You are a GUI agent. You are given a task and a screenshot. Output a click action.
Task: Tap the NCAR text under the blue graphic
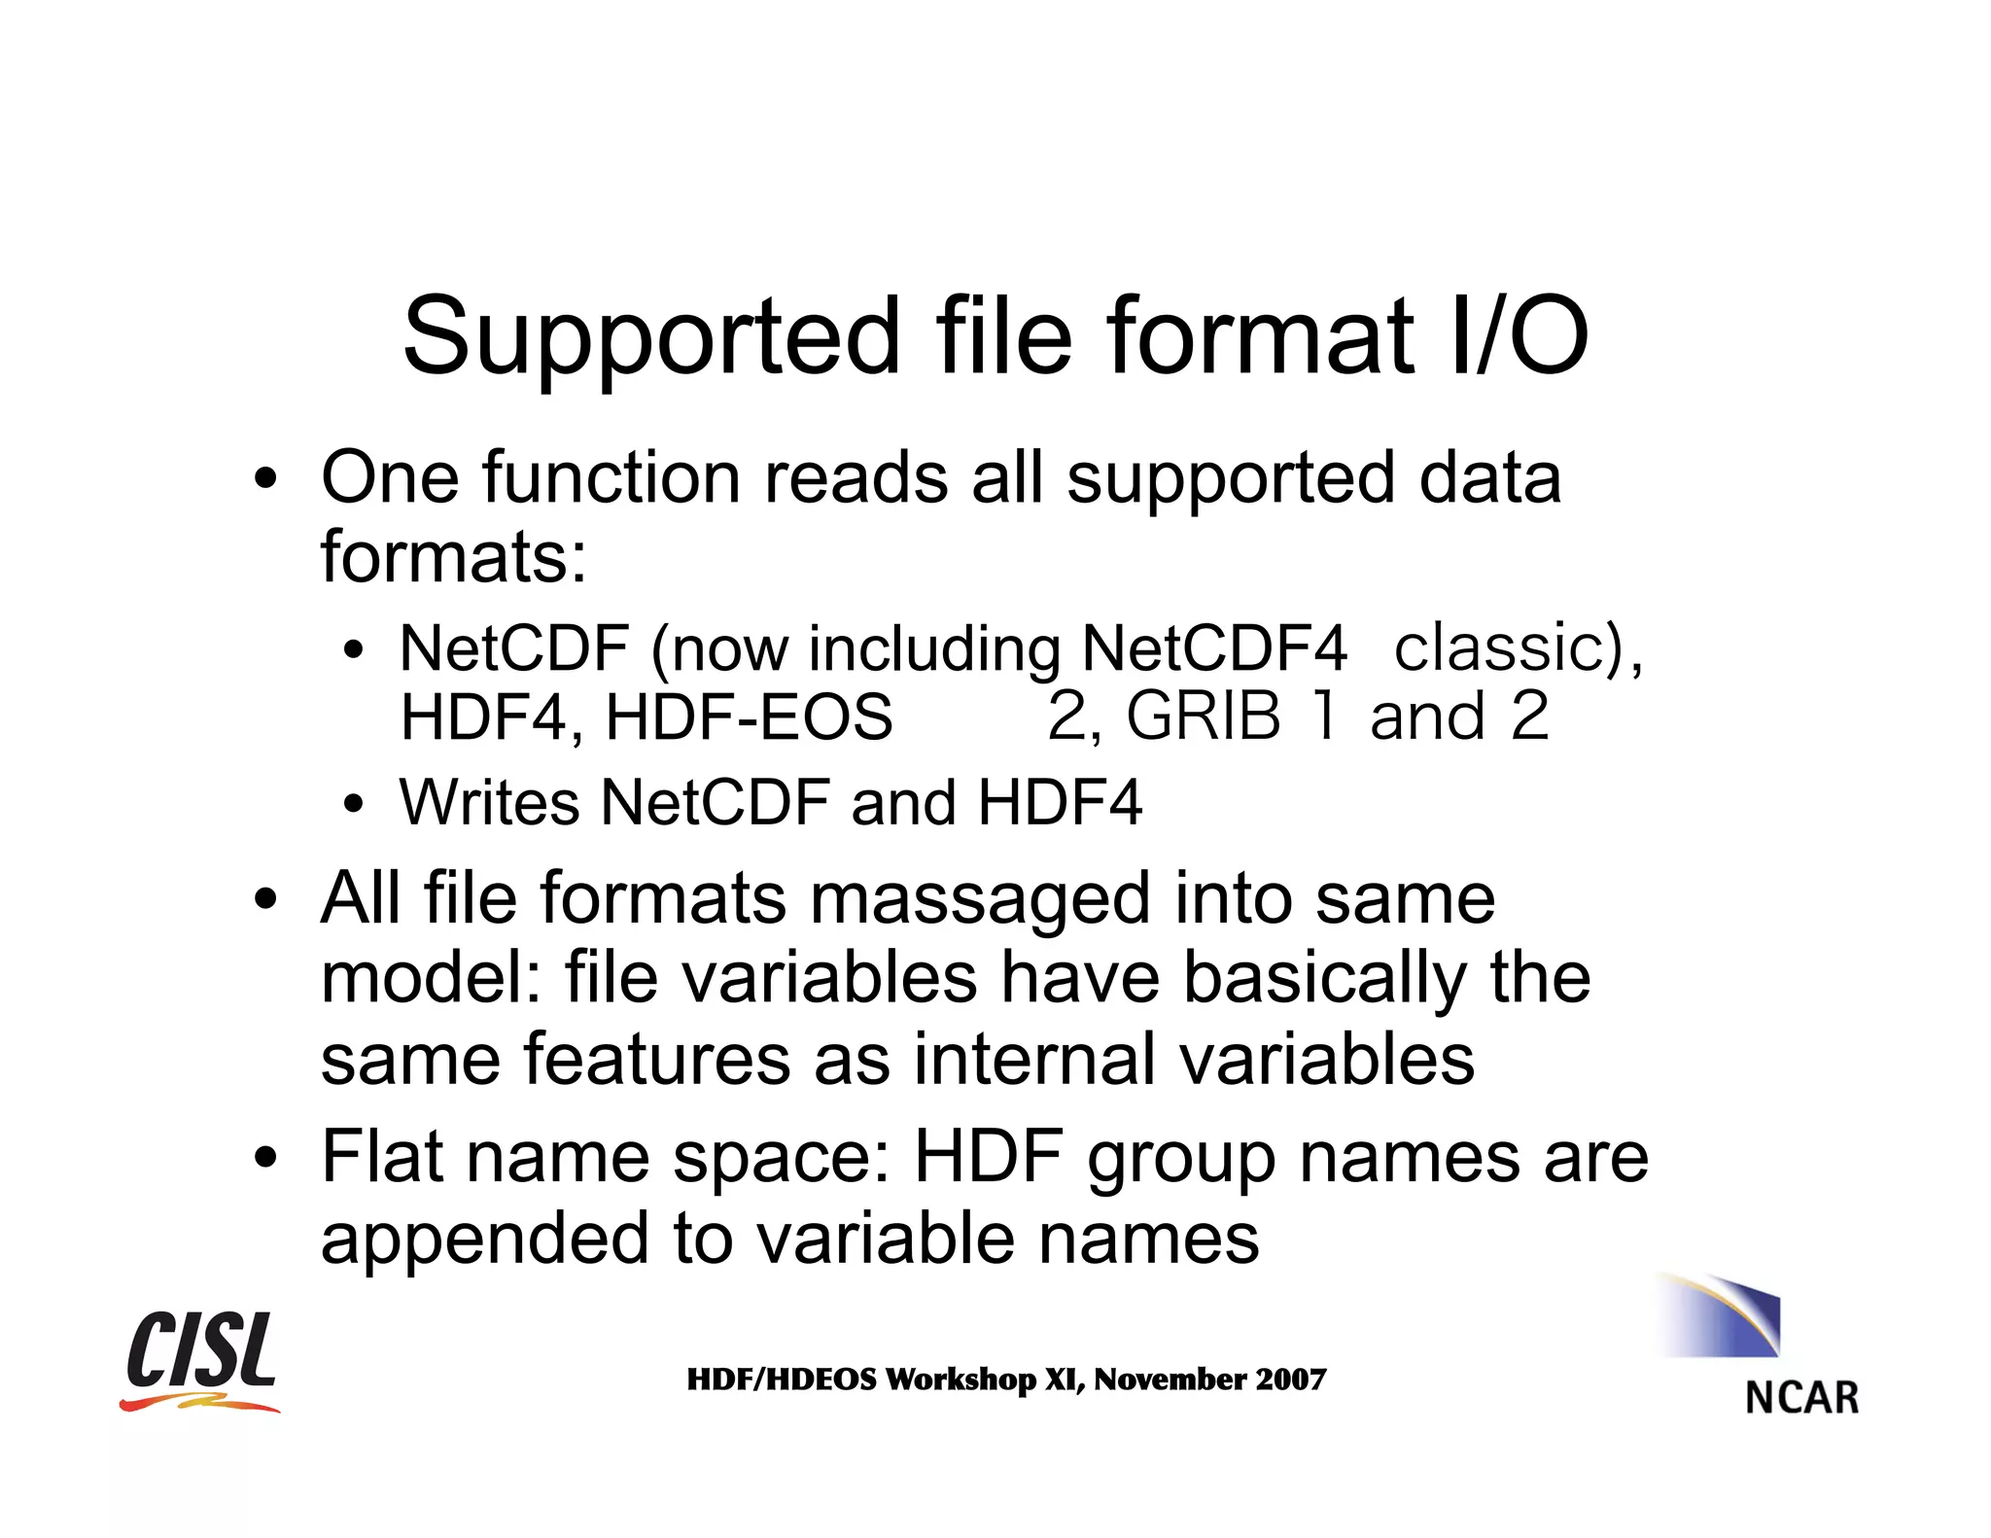tap(1801, 1398)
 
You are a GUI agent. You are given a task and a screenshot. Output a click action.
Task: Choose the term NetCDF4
tap(1213, 648)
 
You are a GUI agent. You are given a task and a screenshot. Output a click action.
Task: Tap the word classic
tap(1498, 648)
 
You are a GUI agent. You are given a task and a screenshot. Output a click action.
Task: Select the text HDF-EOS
tap(747, 717)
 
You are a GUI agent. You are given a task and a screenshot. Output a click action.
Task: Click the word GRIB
tap(1203, 717)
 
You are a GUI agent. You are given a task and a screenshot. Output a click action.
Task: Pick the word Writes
tap(489, 803)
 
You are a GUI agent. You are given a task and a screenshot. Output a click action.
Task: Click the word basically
tap(1324, 978)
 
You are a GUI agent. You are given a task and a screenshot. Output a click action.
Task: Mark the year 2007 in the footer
tap(1290, 1380)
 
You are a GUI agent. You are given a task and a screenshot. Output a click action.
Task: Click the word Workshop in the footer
tap(961, 1380)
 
